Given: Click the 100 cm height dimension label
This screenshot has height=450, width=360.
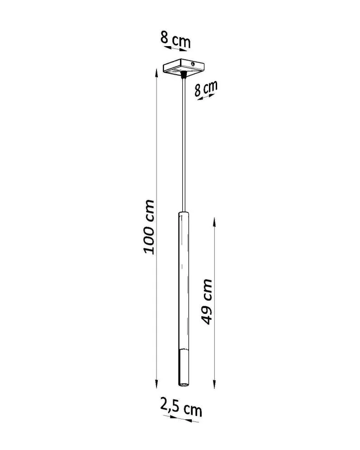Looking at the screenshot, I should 150,226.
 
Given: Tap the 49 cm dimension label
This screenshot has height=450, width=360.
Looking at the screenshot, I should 207,301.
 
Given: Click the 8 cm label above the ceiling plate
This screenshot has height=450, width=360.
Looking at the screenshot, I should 175,40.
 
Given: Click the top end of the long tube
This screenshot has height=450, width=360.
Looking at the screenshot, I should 184,212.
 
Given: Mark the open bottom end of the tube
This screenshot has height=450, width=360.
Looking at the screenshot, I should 184,385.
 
